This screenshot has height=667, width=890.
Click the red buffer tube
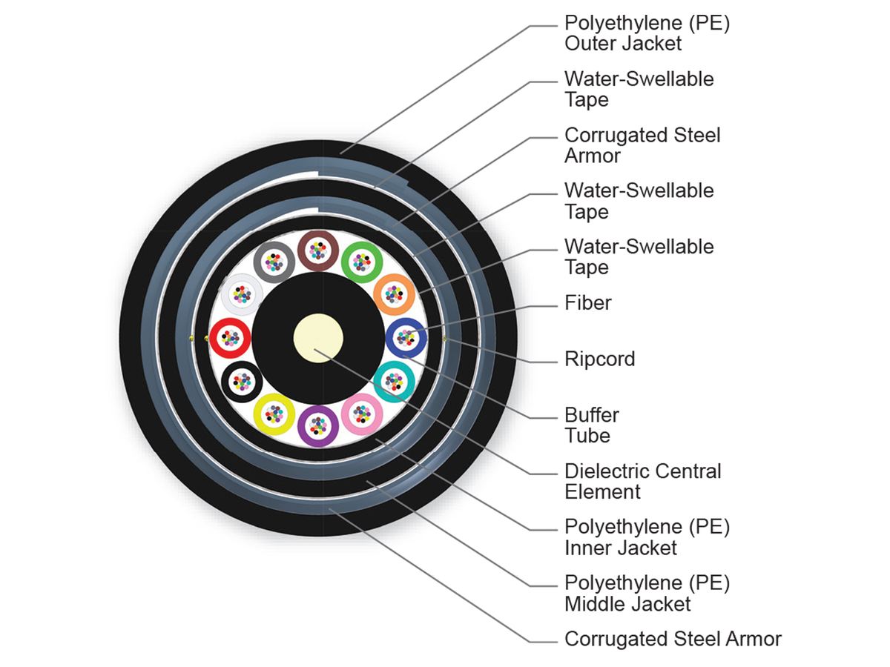pyautogui.click(x=230, y=339)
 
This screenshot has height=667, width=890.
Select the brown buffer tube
pyautogui.click(x=318, y=251)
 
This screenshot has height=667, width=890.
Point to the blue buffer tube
pyautogui.click(x=406, y=339)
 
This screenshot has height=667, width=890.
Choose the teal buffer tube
pyautogui.click(x=394, y=382)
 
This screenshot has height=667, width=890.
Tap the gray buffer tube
pyautogui.click(x=274, y=262)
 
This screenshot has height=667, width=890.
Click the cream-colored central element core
pyautogui.click(x=317, y=339)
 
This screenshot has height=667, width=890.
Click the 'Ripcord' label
pyautogui.click(x=599, y=359)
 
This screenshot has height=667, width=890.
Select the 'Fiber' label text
pyautogui.click(x=587, y=302)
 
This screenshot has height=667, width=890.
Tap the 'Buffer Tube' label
pyautogui.click(x=591, y=425)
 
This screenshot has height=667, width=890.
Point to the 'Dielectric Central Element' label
pyautogui.click(x=642, y=481)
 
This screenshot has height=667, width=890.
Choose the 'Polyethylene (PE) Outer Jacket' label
pyautogui.click(x=647, y=33)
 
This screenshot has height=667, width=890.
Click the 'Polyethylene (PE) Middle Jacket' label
pyautogui.click(x=647, y=593)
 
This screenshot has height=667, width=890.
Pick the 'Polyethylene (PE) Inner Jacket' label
pyautogui.click(x=647, y=537)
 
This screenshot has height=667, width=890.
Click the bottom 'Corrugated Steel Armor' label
pyautogui.click(x=673, y=639)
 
